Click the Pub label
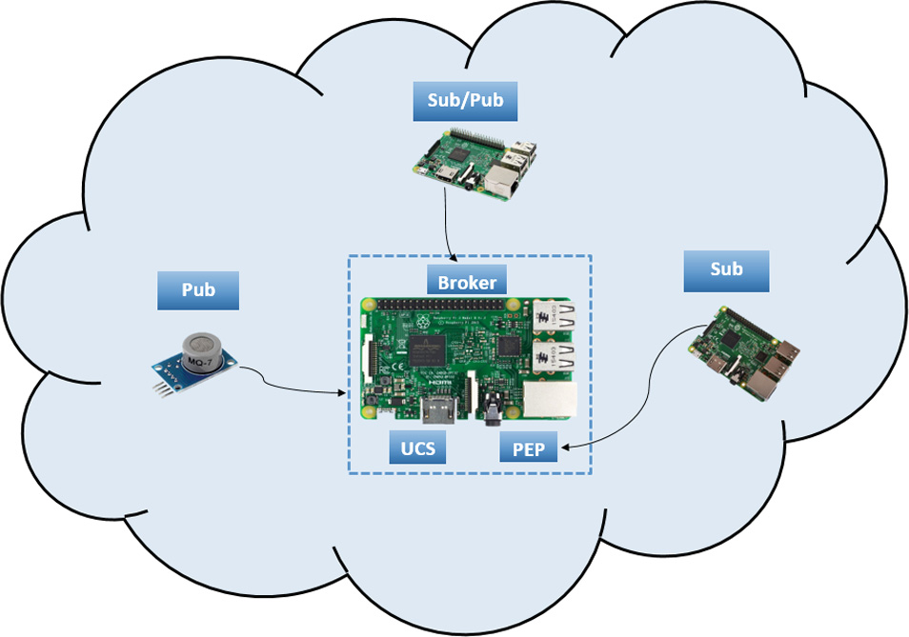(x=197, y=289)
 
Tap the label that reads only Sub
(x=726, y=271)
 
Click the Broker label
(x=467, y=282)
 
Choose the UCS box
(x=417, y=448)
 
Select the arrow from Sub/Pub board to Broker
(x=448, y=224)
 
